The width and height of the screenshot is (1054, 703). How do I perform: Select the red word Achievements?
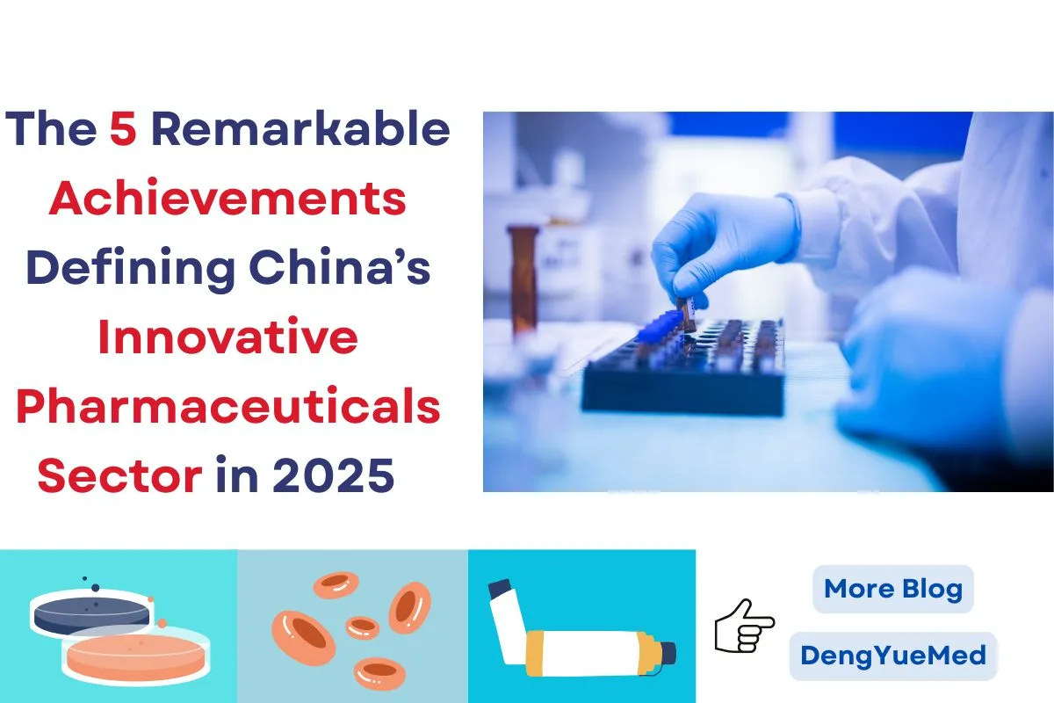click(x=227, y=199)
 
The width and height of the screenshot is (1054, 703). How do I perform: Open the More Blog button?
click(x=893, y=589)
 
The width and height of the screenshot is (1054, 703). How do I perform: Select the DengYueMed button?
click(x=893, y=656)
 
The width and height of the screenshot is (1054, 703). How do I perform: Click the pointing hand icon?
click(x=744, y=625)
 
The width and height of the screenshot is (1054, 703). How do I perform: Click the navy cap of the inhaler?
click(x=667, y=653)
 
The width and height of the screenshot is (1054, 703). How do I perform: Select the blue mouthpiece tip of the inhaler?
click(x=501, y=586)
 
